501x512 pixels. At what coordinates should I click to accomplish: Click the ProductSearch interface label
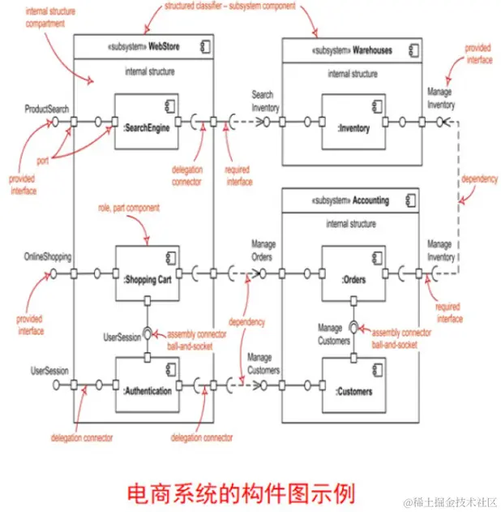tap(47, 107)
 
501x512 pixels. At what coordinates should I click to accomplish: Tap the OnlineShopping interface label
tap(49, 257)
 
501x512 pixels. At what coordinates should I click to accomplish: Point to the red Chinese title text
tap(241, 490)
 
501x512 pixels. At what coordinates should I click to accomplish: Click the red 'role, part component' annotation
tap(127, 209)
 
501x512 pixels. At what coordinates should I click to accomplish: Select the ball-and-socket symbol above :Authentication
tap(148, 333)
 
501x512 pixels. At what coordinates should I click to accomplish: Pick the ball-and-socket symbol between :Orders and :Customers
tap(353, 328)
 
